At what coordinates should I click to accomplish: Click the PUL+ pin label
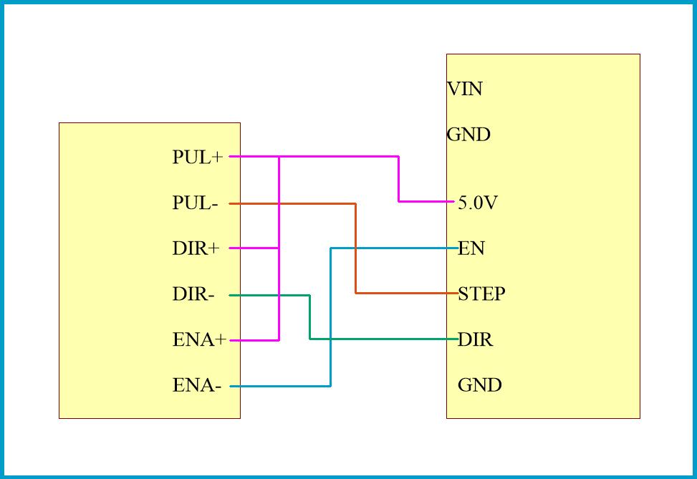(198, 158)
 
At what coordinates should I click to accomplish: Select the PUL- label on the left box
(195, 203)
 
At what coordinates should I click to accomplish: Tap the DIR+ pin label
(196, 249)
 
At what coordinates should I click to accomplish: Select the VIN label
(465, 89)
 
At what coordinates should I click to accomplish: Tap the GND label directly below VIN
(468, 135)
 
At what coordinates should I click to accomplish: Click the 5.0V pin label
(478, 203)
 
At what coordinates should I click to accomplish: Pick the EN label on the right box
(471, 248)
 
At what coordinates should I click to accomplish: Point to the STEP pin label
(481, 294)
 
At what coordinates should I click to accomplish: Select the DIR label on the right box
(476, 339)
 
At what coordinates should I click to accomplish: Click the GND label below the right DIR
(480, 385)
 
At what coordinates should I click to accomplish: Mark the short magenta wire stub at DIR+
(254, 248)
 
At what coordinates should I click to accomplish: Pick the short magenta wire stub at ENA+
(254, 341)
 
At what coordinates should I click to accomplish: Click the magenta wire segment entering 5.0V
(426, 201)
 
